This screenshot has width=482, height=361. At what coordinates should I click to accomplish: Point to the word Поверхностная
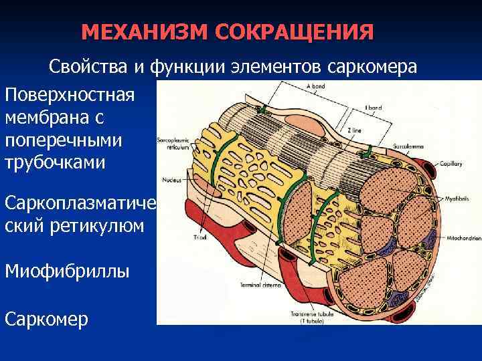70,94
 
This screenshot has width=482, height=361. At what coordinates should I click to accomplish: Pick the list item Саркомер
46,319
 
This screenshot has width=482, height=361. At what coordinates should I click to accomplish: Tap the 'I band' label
372,106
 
